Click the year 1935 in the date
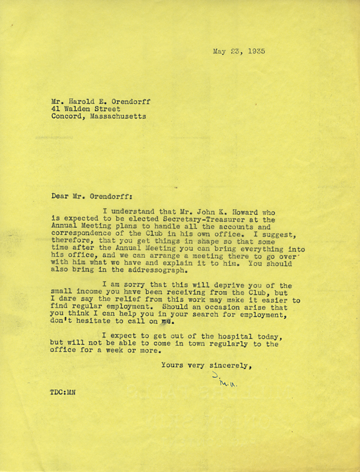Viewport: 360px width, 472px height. tap(255, 51)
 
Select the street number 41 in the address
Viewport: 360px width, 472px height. tap(56, 108)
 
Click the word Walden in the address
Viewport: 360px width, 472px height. tap(78, 108)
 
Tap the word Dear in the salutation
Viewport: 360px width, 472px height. tap(60, 195)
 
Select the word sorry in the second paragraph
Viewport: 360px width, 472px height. tap(136, 286)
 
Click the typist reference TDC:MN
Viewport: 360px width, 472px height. tap(63, 392)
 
